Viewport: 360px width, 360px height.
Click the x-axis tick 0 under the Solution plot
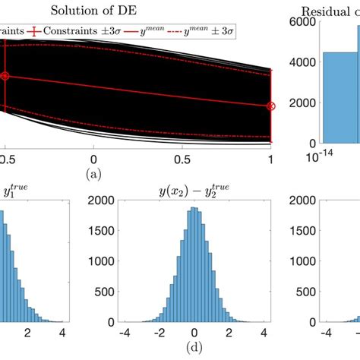point(93,160)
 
